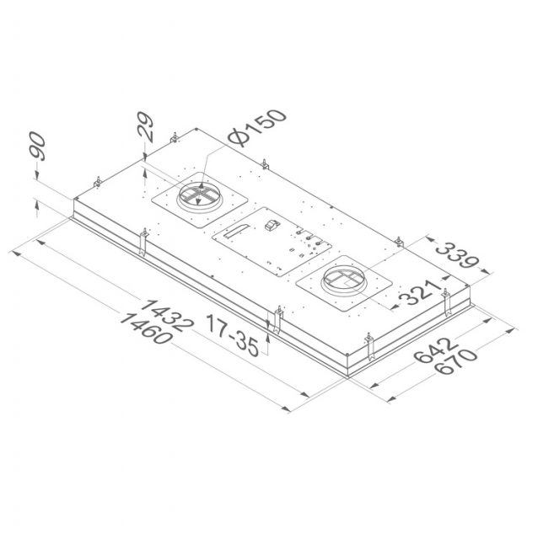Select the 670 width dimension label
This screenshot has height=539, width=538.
click(456, 364)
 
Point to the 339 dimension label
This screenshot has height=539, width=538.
click(457, 255)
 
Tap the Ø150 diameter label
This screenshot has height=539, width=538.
click(257, 128)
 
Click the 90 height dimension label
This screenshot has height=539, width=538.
click(37, 147)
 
